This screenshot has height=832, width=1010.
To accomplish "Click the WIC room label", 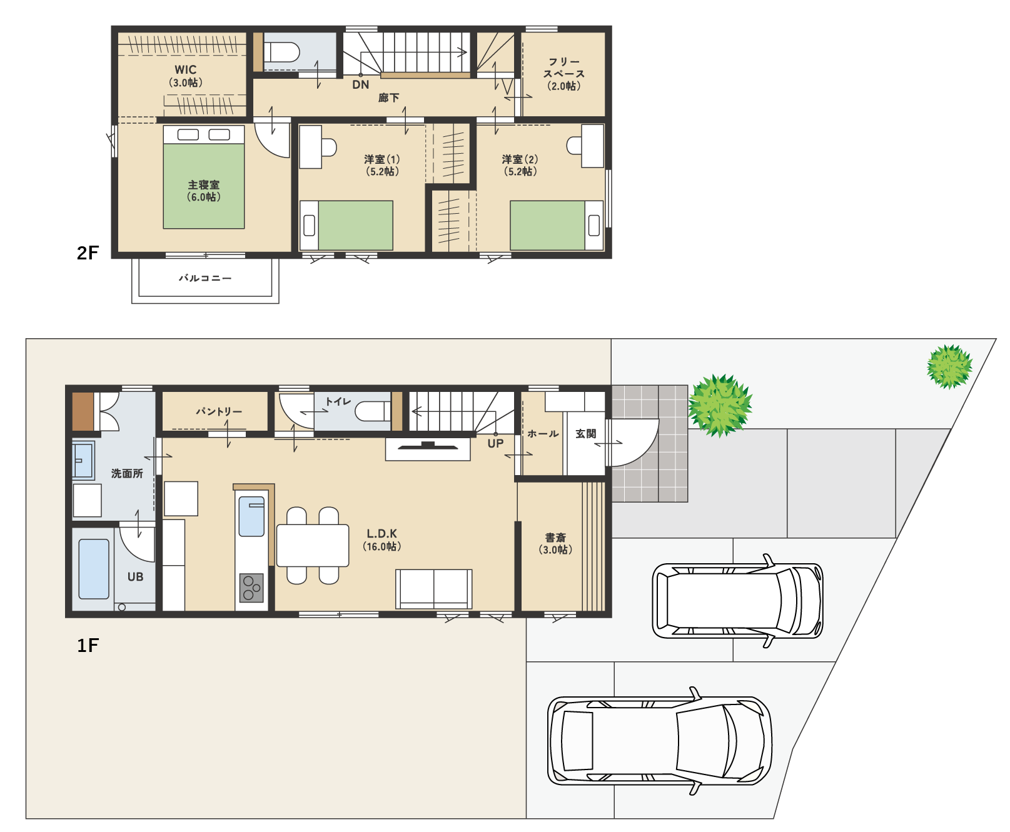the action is (x=186, y=70).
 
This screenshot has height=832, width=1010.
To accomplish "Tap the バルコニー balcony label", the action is (x=205, y=278).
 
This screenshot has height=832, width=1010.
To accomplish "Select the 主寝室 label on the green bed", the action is (x=204, y=185).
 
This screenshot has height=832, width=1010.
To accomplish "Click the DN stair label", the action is (x=361, y=85).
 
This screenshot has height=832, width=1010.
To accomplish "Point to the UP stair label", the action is (x=495, y=444).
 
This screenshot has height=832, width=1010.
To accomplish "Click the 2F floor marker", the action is (x=88, y=253).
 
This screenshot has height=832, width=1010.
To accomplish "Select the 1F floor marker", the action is (x=88, y=645).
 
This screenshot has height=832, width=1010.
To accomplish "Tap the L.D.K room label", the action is (x=382, y=534).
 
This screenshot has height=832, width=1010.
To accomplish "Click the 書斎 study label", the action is (x=555, y=538).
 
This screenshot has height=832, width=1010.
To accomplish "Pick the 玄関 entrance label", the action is (x=586, y=434).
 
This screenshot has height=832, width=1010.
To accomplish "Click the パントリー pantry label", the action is (x=219, y=411).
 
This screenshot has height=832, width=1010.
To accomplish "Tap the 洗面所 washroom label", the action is (x=127, y=474).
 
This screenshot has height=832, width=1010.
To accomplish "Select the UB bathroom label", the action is (x=136, y=577).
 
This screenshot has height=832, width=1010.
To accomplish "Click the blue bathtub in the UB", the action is (x=94, y=569).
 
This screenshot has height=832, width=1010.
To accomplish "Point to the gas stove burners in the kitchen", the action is (x=251, y=588).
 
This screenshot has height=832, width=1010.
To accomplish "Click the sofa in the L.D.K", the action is (x=434, y=589).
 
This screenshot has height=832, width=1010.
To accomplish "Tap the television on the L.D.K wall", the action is (x=428, y=446).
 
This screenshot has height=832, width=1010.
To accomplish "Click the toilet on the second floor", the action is (x=281, y=52).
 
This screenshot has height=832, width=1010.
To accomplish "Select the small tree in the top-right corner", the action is (x=949, y=367).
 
